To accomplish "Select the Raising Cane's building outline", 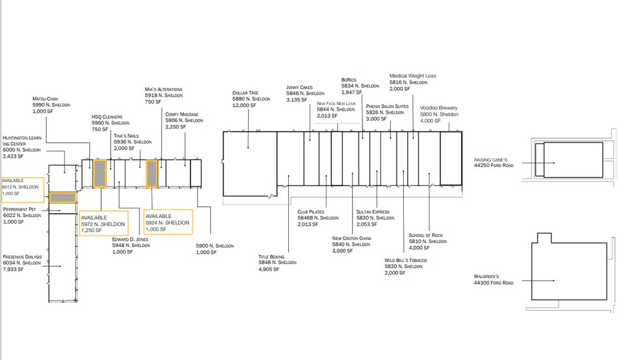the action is click(569, 160).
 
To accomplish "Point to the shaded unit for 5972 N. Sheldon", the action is click(100, 173).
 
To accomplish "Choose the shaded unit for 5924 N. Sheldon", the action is click(152, 173).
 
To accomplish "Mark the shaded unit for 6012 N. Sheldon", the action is click(63, 197).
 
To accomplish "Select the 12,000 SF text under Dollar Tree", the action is click(244, 106).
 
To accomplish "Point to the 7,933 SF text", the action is click(13, 270).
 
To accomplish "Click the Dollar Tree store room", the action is click(250, 163).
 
